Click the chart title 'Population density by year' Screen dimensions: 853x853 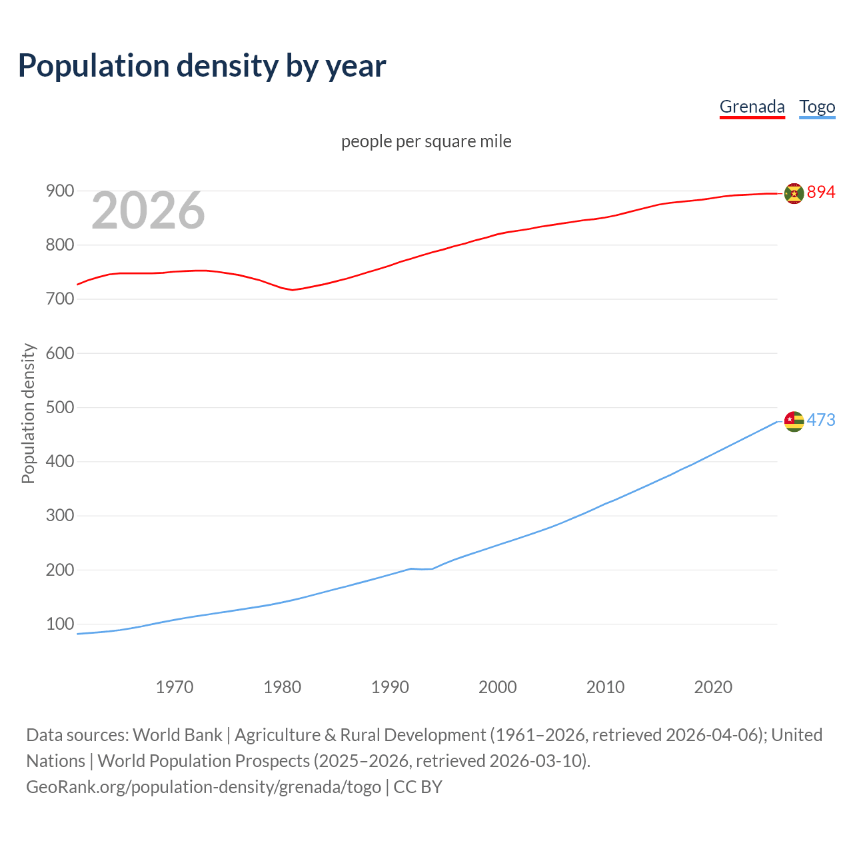(202, 65)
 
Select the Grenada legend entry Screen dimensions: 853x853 (752, 107)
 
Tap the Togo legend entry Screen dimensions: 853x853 (817, 107)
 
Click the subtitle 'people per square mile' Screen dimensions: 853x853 (426, 141)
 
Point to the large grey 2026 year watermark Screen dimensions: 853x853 (148, 211)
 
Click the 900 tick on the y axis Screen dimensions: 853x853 (59, 191)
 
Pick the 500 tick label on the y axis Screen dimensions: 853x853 (59, 407)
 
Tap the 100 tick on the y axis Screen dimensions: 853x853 (59, 624)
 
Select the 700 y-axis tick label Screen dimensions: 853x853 (59, 299)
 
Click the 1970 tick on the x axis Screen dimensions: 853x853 (175, 687)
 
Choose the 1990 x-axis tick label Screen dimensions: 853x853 (390, 687)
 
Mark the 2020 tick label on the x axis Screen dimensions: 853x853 (713, 687)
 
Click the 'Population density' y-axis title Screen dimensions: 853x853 (28, 413)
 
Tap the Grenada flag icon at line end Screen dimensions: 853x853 (794, 193)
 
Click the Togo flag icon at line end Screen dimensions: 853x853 (794, 421)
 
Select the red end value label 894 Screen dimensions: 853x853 (821, 193)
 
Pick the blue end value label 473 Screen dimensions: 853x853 (821, 421)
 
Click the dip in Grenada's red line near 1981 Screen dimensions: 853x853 (292, 290)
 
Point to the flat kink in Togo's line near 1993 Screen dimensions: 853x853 (421, 569)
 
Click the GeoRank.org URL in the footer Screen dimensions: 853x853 (203, 787)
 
